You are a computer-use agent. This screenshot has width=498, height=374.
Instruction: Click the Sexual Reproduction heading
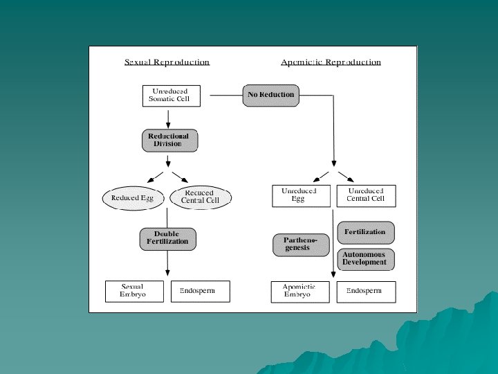[167, 62]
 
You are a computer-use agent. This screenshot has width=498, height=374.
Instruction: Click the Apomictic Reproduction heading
[331, 62]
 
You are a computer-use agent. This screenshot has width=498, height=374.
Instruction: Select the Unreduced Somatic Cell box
[171, 96]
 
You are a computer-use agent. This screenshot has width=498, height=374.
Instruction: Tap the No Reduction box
[270, 95]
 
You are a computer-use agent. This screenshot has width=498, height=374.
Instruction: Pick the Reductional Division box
[169, 141]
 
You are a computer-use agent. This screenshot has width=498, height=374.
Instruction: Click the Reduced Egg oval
[132, 198]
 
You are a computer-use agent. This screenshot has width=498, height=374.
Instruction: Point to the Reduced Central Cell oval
[200, 197]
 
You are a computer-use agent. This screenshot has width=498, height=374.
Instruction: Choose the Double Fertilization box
[168, 238]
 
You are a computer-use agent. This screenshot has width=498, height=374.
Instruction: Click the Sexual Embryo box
[134, 291]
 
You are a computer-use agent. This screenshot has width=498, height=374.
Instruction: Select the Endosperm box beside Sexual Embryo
[200, 291]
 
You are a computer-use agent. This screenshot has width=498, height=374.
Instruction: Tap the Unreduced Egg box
[301, 195]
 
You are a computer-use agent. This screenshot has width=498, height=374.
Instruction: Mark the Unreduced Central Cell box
[366, 195]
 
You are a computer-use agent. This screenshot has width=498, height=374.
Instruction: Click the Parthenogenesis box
[301, 244]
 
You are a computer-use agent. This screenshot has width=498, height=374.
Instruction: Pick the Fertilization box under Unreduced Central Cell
[365, 232]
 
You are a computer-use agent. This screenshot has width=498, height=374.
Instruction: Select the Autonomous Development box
[365, 259]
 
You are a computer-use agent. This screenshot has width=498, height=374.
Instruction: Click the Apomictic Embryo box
[301, 292]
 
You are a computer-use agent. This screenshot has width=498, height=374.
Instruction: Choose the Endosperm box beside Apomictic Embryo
[366, 292]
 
